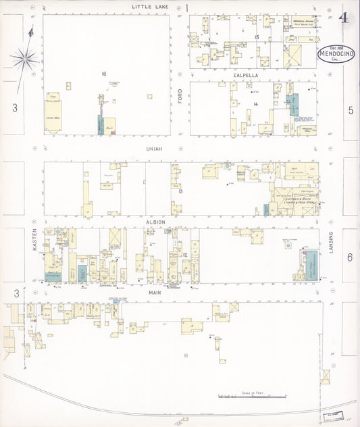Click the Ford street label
pos(180,97)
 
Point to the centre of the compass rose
pos(25,59)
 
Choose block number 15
pos(257,36)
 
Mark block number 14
pos(256,103)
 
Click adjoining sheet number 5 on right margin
pos(351,110)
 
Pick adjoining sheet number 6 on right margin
pos(350,257)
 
